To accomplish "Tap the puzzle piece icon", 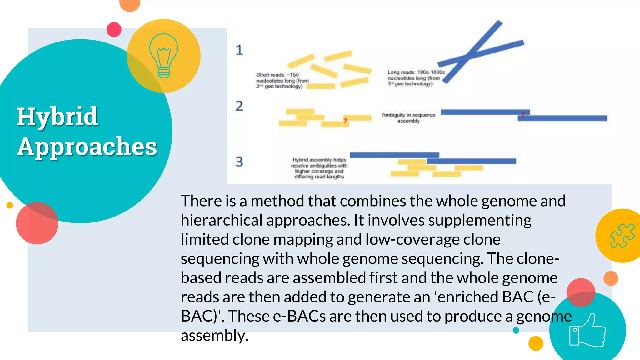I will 622,236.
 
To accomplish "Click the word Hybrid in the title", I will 57,117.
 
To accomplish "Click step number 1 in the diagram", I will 239,50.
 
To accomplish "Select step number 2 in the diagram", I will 239,106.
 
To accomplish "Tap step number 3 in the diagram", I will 239,162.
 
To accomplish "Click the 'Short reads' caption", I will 282,80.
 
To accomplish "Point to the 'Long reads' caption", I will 416,78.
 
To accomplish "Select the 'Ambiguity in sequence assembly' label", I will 408,118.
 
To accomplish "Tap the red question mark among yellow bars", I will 345,121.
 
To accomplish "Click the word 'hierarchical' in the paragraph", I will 221,220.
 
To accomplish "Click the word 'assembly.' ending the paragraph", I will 214,336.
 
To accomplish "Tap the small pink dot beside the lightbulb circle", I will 114,29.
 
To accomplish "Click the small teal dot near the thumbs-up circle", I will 516,330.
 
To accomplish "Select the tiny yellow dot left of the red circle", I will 10,205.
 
